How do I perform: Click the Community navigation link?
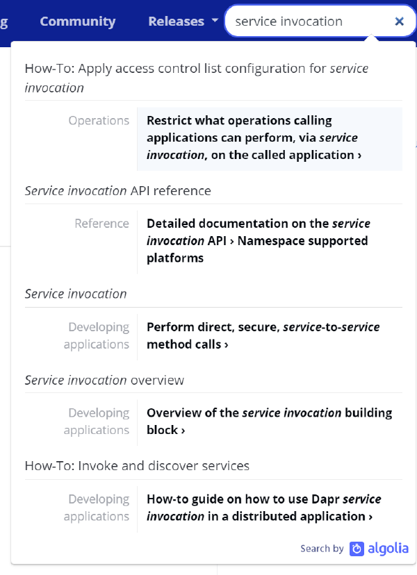tap(77, 22)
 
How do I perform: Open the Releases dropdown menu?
tap(177, 22)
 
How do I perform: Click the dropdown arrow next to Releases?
tap(215, 21)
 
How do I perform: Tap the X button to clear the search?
tap(400, 22)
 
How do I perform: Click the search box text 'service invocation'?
tap(288, 22)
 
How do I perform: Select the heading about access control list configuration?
tap(197, 78)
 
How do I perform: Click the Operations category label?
tap(99, 120)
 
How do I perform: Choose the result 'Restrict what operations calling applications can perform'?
tap(254, 137)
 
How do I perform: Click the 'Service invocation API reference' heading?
tap(118, 191)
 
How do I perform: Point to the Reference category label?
tap(101, 224)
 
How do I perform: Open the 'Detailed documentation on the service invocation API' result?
tap(259, 232)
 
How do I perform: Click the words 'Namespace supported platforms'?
tap(257, 249)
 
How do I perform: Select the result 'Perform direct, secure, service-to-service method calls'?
tap(263, 335)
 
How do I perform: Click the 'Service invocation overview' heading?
tap(104, 381)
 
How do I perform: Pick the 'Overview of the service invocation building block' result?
tap(269, 422)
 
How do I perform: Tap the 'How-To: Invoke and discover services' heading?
tap(137, 466)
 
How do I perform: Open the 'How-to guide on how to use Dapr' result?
tap(263, 508)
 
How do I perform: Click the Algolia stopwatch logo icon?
tap(357, 549)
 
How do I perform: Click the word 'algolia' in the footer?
tap(388, 549)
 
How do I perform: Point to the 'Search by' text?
tap(322, 549)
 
